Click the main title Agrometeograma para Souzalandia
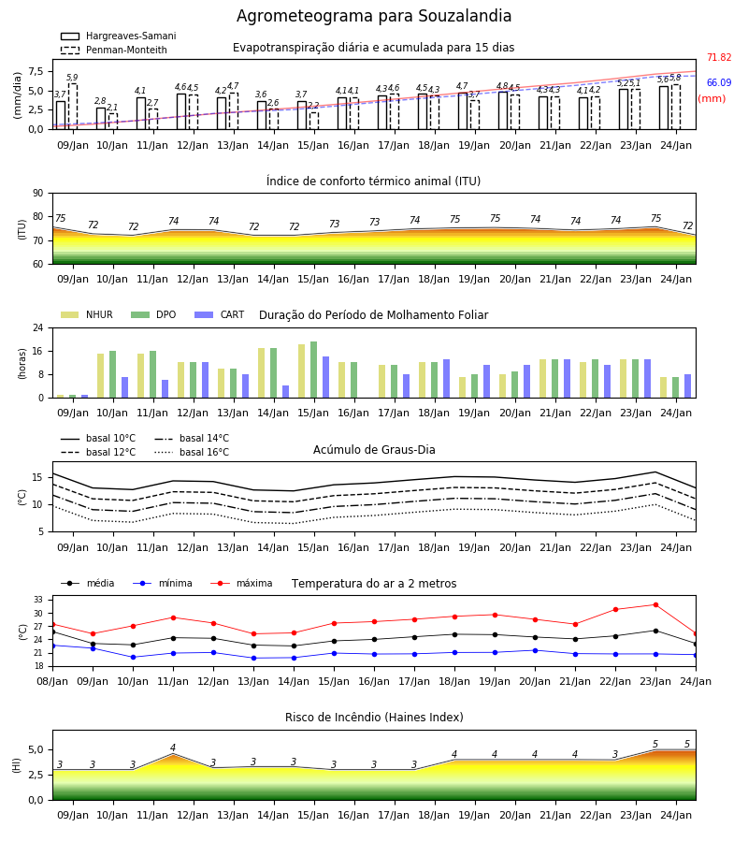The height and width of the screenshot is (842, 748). tap(374, 16)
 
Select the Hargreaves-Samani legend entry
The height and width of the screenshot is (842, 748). tap(118, 36)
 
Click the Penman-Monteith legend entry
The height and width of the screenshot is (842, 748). tap(114, 50)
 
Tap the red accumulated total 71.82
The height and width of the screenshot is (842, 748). tap(719, 57)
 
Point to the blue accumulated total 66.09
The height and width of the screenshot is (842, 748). tap(719, 82)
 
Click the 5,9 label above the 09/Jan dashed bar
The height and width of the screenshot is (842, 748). tap(72, 78)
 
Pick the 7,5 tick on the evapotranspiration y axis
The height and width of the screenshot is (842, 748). tap(36, 71)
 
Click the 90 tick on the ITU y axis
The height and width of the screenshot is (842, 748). tap(38, 194)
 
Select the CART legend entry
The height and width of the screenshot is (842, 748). tap(219, 314)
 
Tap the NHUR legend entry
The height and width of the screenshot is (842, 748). tap(87, 314)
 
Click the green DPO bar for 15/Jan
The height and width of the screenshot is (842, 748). tap(314, 370)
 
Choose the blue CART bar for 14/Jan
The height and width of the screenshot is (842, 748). tap(286, 392)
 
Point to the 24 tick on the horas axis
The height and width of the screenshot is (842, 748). tap(38, 327)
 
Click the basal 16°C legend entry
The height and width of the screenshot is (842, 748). tap(192, 452)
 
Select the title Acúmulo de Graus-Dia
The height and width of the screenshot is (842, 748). tap(374, 450)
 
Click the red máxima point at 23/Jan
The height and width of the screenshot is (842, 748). tap(655, 604)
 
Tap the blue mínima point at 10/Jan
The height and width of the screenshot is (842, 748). tap(133, 657)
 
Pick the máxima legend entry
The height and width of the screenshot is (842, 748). tap(241, 583)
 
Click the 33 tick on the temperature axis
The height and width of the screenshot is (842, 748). tap(38, 600)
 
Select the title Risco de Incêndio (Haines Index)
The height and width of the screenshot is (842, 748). tap(374, 718)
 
